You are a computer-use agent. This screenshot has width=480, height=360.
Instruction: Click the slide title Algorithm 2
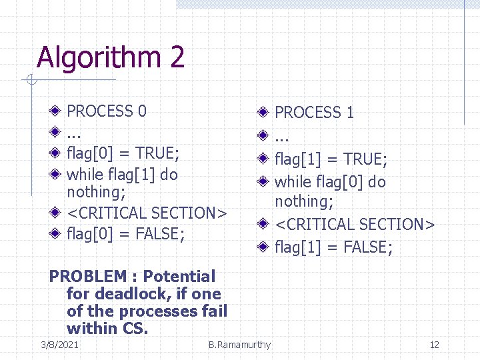[x=111, y=57]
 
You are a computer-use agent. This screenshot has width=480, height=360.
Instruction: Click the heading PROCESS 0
[x=107, y=111]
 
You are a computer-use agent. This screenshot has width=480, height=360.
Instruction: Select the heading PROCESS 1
[x=314, y=113]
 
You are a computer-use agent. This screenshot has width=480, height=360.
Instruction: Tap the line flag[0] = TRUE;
[x=123, y=153]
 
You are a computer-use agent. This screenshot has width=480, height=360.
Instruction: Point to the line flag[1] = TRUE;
[x=331, y=159]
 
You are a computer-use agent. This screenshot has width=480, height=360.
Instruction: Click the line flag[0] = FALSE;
[x=125, y=234]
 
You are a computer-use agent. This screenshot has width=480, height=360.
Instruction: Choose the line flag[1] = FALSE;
[x=333, y=248]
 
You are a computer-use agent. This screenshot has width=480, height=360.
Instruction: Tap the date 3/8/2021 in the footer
[x=59, y=345]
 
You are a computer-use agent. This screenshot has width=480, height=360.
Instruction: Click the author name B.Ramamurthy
[x=239, y=345]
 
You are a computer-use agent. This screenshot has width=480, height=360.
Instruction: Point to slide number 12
[x=434, y=345]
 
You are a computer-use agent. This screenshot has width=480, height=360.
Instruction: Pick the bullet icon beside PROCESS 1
[x=264, y=112]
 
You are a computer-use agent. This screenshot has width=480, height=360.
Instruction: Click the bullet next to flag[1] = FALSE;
[x=264, y=248]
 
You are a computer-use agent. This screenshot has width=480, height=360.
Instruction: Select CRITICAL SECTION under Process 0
[x=147, y=213]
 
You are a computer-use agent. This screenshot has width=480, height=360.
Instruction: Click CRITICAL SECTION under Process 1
[x=355, y=225]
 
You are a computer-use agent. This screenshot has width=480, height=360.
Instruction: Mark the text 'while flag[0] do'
[x=330, y=182]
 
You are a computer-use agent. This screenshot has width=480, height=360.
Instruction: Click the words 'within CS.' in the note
[x=107, y=328]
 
